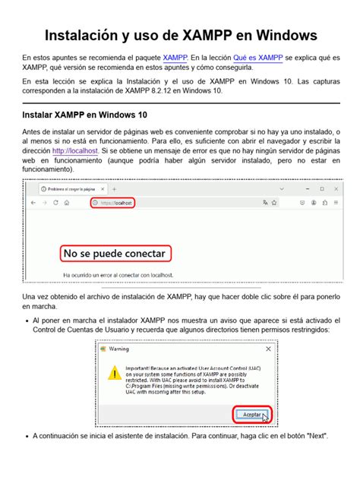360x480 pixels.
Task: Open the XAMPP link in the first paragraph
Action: pos(175,58)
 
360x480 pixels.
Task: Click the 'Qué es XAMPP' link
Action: pos(259,58)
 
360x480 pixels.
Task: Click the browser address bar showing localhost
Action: pos(114,203)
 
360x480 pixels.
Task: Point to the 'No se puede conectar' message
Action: pos(114,253)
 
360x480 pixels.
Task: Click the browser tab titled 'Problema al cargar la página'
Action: pos(76,188)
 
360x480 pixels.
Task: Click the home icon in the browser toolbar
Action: pos(67,203)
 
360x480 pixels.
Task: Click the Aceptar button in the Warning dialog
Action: pos(251,414)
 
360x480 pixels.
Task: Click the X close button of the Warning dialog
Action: pos(267,349)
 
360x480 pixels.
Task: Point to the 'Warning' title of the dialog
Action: pos(118,349)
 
